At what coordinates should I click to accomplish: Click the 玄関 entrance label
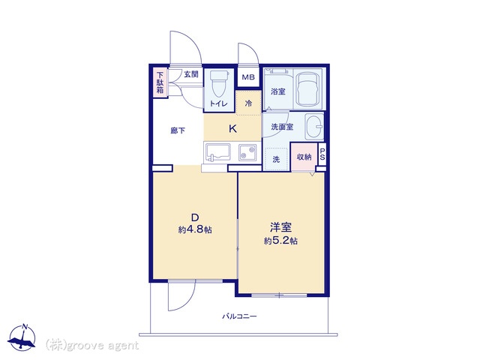191,74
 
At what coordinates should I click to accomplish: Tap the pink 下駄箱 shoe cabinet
160,82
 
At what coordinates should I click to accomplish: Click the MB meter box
248,77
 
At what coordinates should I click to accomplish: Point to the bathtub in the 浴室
308,88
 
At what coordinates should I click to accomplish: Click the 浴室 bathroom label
278,91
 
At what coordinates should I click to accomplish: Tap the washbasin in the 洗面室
314,126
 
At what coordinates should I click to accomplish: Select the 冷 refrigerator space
248,103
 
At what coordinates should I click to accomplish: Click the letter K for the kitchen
233,128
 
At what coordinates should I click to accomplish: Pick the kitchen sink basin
218,152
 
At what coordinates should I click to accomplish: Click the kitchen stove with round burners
247,152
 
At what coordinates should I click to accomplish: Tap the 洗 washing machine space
276,159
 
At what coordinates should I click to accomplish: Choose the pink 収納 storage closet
304,157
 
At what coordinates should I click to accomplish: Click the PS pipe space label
322,154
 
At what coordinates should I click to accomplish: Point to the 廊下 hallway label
178,130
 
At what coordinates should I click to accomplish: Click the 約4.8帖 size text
195,229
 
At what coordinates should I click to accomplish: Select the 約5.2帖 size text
280,241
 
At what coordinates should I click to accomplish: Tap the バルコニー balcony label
239,316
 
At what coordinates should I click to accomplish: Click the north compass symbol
22,337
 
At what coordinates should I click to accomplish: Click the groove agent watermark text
92,345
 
